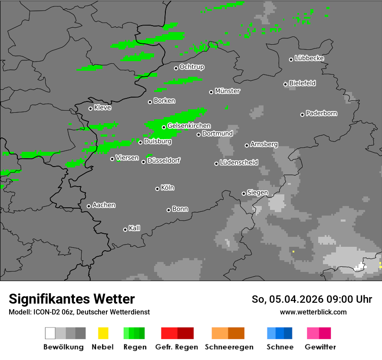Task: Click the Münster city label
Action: (227, 91)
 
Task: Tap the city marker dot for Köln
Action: (157, 189)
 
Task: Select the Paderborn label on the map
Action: (322, 113)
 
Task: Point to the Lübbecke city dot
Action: (291, 59)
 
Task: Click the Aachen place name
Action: (104, 205)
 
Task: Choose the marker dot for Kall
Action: (125, 229)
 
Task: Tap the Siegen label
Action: (257, 193)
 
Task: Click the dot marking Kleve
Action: (90, 108)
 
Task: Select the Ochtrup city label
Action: (192, 67)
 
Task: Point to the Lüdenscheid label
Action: (239, 163)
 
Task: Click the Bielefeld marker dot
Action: (286, 84)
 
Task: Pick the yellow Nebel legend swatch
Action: (103, 333)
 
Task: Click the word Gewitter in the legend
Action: (320, 347)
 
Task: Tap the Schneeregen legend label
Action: (229, 347)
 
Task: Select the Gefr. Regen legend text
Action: (177, 347)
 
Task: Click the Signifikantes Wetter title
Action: (72, 299)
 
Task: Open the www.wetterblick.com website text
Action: (313, 312)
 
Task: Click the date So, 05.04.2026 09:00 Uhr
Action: (312, 299)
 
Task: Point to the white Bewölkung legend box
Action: (50, 333)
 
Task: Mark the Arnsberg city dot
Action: (247, 145)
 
